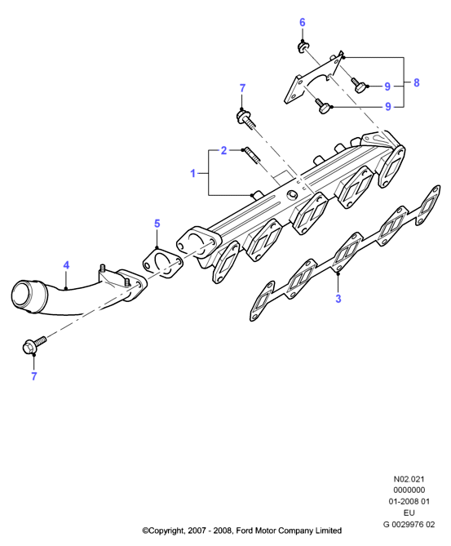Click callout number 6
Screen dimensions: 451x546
302,22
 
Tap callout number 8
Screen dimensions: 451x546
416,82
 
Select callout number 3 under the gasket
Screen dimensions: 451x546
338,299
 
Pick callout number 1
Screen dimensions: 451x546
193,173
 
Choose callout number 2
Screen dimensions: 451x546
223,150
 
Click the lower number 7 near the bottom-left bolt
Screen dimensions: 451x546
33,376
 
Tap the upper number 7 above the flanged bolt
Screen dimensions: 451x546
242,88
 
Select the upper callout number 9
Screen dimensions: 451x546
387,87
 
